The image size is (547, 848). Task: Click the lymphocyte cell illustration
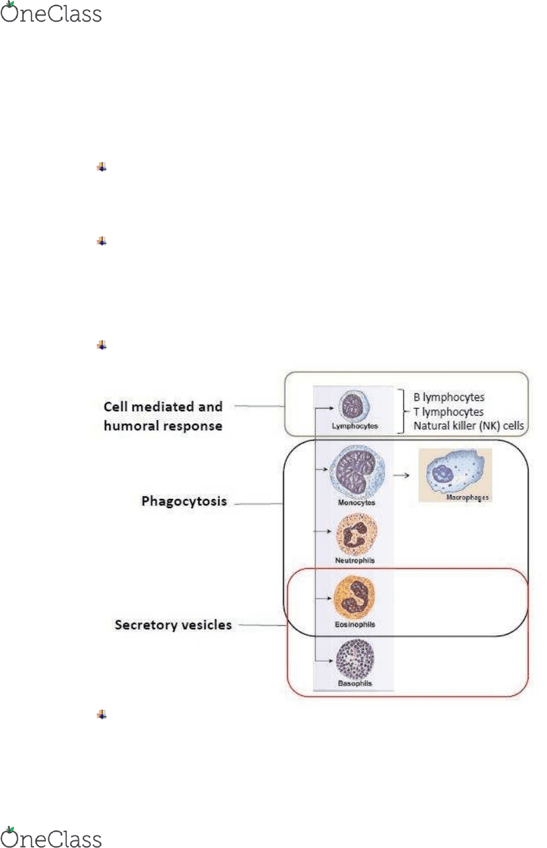coord(354,406)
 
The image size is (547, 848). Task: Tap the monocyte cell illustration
coord(357,470)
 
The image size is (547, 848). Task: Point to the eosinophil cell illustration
coord(354,597)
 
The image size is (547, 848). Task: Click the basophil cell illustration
coord(355,660)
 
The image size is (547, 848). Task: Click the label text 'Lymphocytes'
coord(354,426)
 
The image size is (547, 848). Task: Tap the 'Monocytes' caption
coord(357,503)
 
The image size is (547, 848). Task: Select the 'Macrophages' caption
coord(467,497)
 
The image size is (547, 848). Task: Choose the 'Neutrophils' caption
coord(354,560)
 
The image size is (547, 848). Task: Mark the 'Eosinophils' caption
coord(354,624)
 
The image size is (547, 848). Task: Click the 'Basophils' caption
coord(354,683)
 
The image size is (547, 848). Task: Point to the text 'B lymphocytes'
coord(449,397)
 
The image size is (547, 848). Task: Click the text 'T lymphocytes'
coord(449,412)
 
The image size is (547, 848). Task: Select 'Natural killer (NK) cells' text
coord(469,426)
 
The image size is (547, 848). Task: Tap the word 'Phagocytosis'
coord(184,501)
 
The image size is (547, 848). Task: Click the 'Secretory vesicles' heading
coord(173,625)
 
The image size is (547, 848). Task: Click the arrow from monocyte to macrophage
coord(401,475)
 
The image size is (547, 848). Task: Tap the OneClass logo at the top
coord(51,12)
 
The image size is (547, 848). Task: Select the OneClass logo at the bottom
coord(51,837)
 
